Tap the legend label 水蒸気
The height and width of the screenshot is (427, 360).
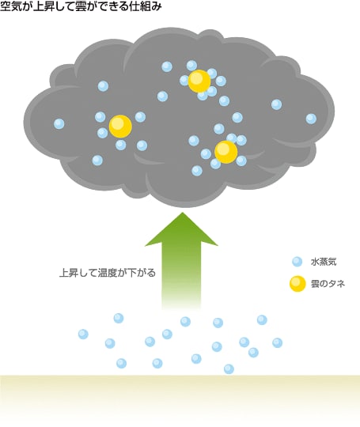[324, 262]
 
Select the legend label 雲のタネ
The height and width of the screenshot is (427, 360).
[328, 284]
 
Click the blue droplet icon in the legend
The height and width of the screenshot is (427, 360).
[297, 262]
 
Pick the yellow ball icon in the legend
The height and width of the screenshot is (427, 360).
[297, 284]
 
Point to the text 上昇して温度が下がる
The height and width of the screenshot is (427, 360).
[108, 273]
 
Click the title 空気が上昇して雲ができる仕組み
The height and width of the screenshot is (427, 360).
[81, 6]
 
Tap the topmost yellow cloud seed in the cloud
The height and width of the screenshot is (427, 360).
[199, 81]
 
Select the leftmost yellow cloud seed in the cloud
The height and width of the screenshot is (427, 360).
[120, 126]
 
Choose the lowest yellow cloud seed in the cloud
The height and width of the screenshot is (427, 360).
[226, 152]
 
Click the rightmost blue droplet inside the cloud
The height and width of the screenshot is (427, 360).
[311, 119]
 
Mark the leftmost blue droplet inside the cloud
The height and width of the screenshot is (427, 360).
[59, 124]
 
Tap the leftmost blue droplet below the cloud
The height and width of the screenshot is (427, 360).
[83, 334]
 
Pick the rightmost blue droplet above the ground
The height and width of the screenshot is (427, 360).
[277, 343]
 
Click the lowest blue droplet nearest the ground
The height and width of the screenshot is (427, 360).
[229, 369]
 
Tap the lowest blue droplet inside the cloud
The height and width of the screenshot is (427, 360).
[197, 171]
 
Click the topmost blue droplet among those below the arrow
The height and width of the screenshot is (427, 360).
[118, 318]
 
